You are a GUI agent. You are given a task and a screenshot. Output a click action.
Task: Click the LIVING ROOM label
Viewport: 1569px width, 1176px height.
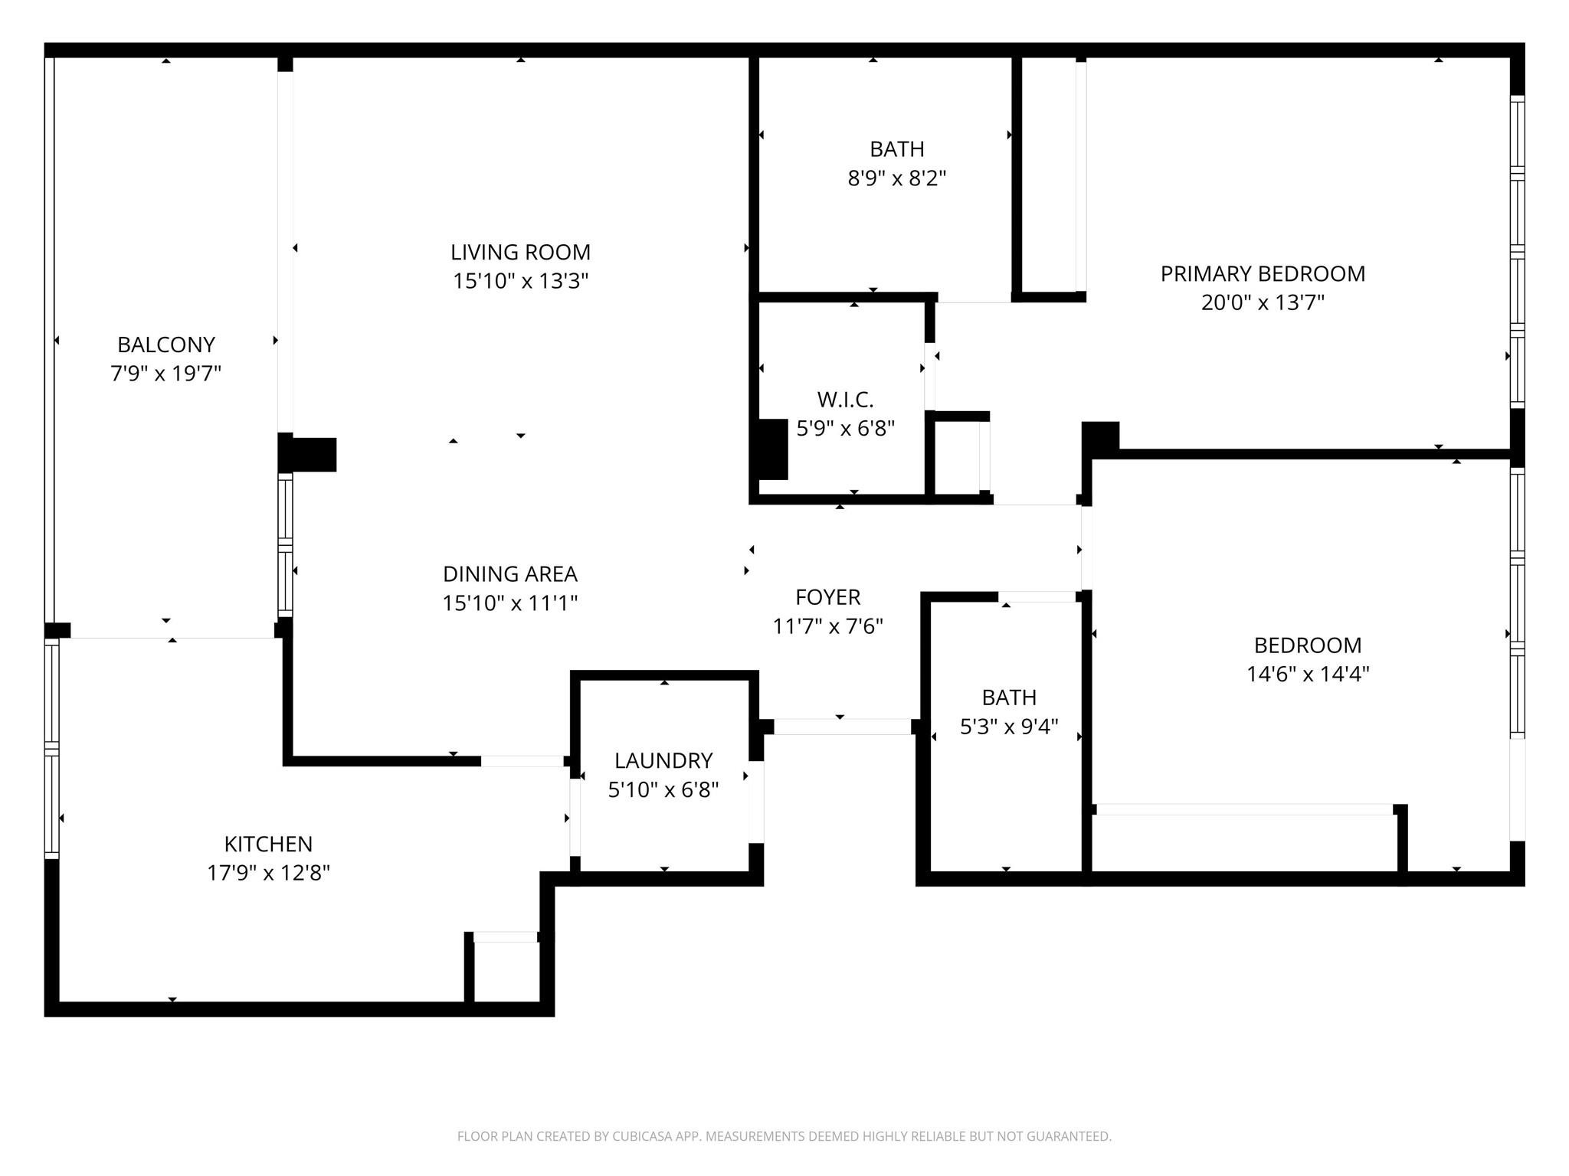pos(520,252)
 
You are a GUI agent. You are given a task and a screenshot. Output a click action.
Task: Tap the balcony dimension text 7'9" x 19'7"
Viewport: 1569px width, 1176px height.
pos(165,374)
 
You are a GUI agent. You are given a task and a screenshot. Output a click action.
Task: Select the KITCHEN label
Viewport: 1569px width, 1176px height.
pos(268,844)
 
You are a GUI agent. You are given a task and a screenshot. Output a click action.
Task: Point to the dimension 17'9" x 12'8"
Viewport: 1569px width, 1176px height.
pos(268,873)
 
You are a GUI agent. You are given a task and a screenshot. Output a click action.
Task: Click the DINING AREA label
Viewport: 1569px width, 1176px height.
pos(509,573)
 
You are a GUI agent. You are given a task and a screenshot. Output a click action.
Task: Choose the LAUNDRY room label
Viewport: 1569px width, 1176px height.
pos(663,760)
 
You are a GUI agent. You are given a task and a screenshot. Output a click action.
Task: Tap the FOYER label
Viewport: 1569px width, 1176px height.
pos(827,596)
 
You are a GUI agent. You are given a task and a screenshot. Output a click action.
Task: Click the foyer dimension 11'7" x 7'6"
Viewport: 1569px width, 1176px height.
pos(827,626)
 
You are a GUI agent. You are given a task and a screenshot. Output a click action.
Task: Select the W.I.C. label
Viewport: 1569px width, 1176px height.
pos(845,399)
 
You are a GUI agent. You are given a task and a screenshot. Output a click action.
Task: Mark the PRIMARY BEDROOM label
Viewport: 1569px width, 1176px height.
pos(1263,273)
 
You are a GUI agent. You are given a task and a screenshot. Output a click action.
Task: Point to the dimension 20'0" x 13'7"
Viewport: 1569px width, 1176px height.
pos(1263,302)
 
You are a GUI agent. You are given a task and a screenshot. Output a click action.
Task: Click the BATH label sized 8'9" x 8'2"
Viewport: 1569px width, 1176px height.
pos(896,149)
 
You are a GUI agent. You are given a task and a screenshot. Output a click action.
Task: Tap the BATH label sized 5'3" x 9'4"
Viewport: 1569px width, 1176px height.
pos(1009,697)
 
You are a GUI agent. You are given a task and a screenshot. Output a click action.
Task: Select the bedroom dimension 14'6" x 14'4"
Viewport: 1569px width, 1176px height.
pos(1307,674)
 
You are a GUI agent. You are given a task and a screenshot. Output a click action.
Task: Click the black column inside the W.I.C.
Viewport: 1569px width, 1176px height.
pos(772,449)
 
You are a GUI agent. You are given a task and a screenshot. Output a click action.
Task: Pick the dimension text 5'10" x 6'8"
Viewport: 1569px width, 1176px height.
pos(663,789)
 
